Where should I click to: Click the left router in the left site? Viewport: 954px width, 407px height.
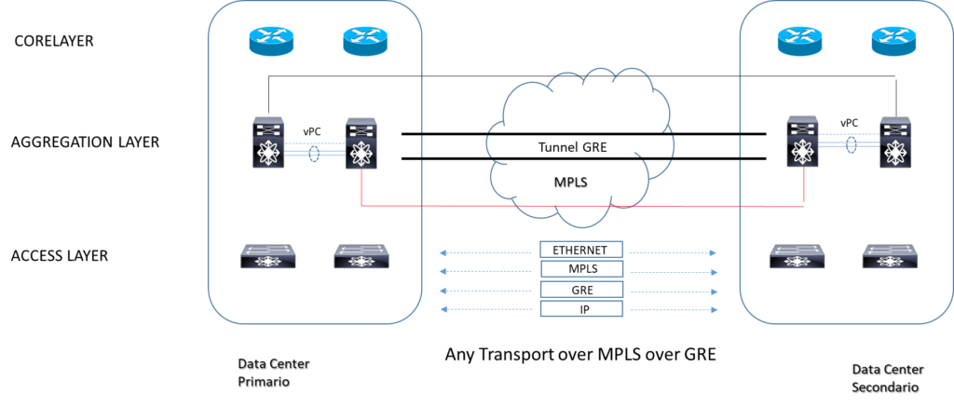[x=271, y=41]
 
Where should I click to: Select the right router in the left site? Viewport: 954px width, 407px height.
[x=365, y=41]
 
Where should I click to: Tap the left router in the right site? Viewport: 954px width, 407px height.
[x=799, y=41]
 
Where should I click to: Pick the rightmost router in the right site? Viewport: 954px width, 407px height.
[x=893, y=41]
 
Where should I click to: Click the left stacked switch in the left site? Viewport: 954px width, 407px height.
[x=268, y=142]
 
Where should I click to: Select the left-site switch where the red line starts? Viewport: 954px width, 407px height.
[x=361, y=142]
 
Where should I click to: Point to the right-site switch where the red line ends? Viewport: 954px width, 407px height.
[x=802, y=142]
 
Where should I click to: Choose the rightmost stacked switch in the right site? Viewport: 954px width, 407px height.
[x=895, y=142]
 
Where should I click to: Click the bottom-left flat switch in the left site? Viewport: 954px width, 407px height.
[x=268, y=256]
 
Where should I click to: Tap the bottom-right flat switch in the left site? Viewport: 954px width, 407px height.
[x=361, y=256]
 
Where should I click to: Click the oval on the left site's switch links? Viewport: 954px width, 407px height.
[x=314, y=153]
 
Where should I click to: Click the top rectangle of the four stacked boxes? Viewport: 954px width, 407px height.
[x=581, y=250]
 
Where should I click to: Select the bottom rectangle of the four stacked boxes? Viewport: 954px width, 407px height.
[x=581, y=308]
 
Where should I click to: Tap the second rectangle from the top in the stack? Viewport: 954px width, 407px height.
[x=581, y=269]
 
